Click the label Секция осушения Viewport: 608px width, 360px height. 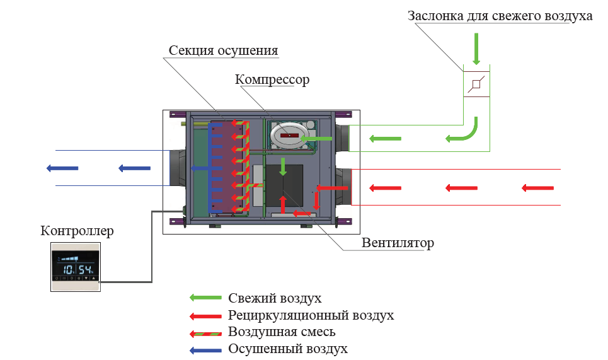pos(223,50)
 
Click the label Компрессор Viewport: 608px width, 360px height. pos(272,80)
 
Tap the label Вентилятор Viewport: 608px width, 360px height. pos(398,243)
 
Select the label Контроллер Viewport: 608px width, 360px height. pos(77,231)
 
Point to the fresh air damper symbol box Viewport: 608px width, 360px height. pos(476,84)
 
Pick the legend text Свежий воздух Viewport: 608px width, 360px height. pos(275,298)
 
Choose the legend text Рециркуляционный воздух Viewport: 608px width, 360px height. pos(311,315)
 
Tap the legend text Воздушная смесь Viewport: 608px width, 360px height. pos(282,332)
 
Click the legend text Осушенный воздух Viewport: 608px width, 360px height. pos(288,349)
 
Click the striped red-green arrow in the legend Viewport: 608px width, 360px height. pos(205,332)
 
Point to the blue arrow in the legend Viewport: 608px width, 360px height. pos(205,349)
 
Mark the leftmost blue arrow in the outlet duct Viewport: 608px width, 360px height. pos(62,168)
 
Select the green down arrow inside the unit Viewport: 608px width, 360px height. pos(283,166)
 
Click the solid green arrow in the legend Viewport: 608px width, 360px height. pos(205,298)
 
